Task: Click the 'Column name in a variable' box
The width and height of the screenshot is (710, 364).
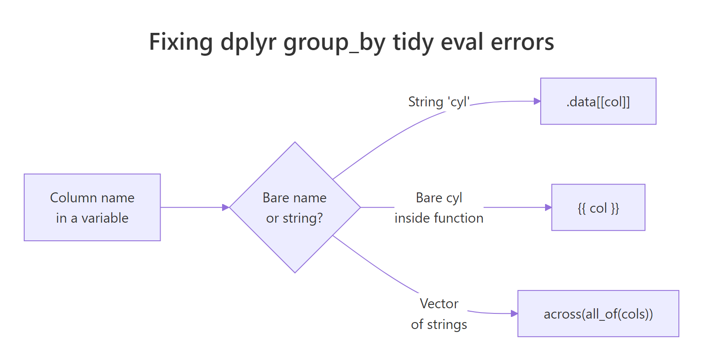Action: pos(92,208)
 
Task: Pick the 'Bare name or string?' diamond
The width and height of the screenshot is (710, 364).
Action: pos(295,208)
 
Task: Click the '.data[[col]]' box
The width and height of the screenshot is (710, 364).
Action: pos(598,102)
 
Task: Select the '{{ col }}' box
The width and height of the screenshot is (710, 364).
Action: pos(598,208)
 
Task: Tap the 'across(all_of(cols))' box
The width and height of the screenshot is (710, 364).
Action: pos(598,314)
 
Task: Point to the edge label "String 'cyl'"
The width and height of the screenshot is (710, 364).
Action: pos(439,102)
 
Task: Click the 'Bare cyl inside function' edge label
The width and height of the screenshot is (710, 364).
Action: pos(439,208)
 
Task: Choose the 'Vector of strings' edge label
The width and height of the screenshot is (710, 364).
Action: pos(439,314)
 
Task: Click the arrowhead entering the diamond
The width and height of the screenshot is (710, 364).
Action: pos(226,208)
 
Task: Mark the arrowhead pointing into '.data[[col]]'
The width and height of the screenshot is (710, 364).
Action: pos(537,101)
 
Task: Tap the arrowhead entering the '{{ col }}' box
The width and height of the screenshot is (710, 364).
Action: pos(548,208)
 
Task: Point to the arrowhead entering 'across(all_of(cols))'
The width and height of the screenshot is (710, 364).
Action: pos(514,313)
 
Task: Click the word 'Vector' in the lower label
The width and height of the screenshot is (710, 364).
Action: pos(439,304)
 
